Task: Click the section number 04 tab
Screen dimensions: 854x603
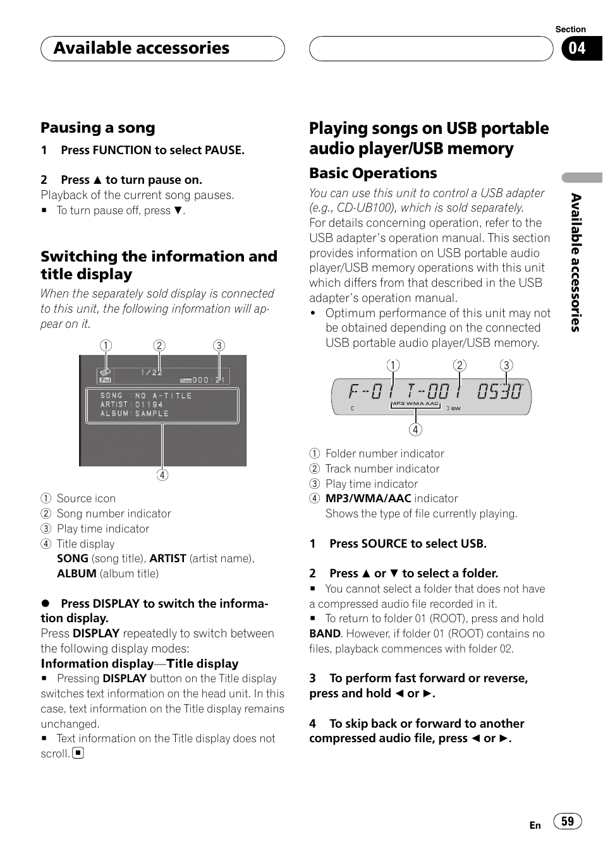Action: [578, 49]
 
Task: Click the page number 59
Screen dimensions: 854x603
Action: [568, 821]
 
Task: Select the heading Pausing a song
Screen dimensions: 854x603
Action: [98, 128]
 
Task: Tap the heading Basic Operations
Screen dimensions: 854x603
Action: [373, 173]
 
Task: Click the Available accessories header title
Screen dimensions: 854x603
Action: [142, 49]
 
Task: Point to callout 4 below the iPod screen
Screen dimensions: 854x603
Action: [162, 475]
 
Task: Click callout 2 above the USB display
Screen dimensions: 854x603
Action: [460, 365]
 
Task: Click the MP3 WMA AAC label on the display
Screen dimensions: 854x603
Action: [415, 404]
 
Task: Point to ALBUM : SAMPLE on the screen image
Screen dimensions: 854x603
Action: [135, 414]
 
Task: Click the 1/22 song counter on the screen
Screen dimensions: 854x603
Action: [152, 373]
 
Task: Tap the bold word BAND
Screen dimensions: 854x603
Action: [325, 634]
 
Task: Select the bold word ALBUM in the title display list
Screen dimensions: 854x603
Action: [76, 574]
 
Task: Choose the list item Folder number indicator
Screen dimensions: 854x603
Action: [384, 454]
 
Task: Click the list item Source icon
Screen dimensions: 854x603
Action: [86, 498]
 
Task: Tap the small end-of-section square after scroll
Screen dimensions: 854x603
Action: [78, 753]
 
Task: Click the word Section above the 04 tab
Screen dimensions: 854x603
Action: [570, 29]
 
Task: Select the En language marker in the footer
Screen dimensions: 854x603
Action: [535, 825]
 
